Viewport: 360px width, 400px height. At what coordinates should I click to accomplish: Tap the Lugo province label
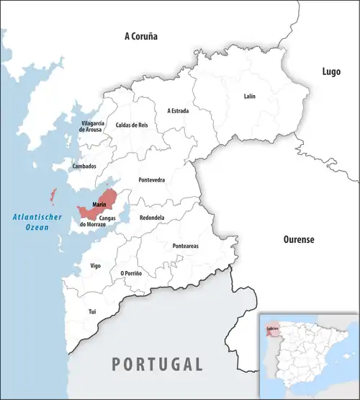(x=331, y=71)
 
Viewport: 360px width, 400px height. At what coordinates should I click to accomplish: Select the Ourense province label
(x=298, y=239)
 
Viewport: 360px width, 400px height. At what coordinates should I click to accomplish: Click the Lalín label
(x=249, y=97)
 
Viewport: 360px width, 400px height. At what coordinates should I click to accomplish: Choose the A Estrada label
(x=179, y=111)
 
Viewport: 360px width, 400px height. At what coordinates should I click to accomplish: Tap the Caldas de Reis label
(x=132, y=125)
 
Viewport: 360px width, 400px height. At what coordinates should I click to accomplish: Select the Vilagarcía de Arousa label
(x=92, y=127)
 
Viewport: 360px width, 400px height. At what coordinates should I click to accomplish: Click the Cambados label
(x=84, y=166)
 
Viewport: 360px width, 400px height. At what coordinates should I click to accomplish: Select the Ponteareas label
(x=186, y=246)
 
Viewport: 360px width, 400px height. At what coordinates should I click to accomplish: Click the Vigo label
(x=95, y=265)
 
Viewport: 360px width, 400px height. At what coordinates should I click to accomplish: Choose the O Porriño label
(x=131, y=273)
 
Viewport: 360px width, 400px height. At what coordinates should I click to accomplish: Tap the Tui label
(x=91, y=311)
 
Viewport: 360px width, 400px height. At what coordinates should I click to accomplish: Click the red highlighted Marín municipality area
(x=108, y=197)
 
